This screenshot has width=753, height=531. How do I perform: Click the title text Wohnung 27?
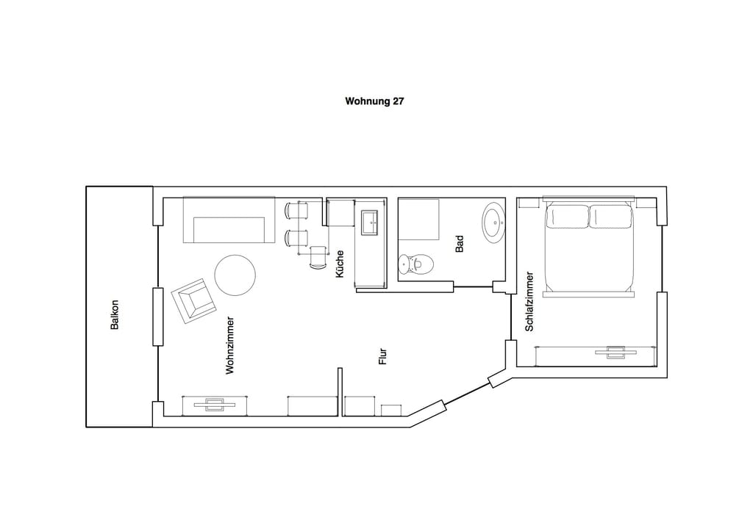click(x=374, y=101)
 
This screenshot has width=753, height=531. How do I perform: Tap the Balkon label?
click(x=114, y=314)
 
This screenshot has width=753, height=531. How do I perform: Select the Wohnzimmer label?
click(x=230, y=345)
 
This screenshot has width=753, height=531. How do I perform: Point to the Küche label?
click(x=340, y=264)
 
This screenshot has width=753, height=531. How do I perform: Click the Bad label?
click(x=460, y=244)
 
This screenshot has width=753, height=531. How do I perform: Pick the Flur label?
click(x=382, y=356)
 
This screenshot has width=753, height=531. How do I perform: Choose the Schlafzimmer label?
click(x=529, y=301)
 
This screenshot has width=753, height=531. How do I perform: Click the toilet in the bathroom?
click(x=416, y=264)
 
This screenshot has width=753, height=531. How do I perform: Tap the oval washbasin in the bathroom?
click(x=493, y=223)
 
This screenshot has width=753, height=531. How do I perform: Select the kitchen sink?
click(x=371, y=223)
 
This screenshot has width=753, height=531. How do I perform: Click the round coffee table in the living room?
click(x=235, y=275)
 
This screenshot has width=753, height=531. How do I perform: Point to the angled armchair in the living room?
click(x=193, y=301)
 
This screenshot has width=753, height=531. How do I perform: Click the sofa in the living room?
click(x=229, y=220)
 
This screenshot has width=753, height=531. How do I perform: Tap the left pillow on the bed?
click(x=567, y=217)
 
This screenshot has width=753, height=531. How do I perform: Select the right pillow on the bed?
click(x=610, y=217)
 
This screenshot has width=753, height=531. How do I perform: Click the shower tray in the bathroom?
click(x=418, y=219)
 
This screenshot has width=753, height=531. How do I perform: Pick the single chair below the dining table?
click(x=318, y=258)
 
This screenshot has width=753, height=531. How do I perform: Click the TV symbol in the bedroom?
click(x=616, y=352)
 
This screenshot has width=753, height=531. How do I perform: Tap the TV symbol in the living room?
click(x=215, y=405)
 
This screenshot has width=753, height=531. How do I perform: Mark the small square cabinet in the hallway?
click(x=391, y=411)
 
